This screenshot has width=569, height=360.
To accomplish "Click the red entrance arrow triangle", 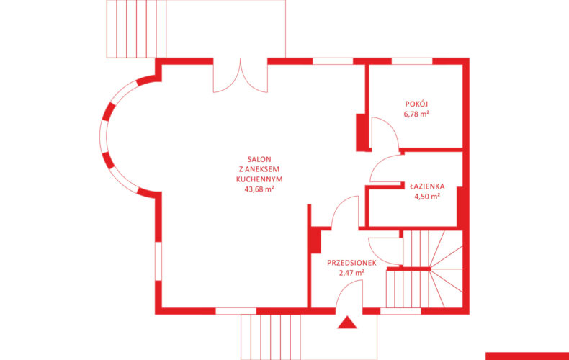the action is pyautogui.click(x=347, y=323).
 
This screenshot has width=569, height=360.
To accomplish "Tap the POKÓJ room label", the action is pyautogui.click(x=416, y=104).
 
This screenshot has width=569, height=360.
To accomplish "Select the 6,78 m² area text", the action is pyautogui.click(x=416, y=114).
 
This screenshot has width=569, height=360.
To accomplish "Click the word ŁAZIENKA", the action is pyautogui.click(x=427, y=186).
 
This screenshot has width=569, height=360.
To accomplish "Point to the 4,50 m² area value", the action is pyautogui.click(x=427, y=197).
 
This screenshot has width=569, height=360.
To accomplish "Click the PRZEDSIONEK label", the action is pyautogui.click(x=351, y=263).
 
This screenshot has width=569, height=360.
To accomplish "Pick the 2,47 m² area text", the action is pyautogui.click(x=351, y=273).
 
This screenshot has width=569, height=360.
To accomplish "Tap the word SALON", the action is pyautogui.click(x=259, y=159).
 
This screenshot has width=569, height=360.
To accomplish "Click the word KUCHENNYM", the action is pyautogui.click(x=259, y=179).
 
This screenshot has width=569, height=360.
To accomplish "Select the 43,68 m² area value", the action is pyautogui.click(x=259, y=189).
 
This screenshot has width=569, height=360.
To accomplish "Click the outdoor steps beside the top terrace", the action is pyautogui.click(x=136, y=29).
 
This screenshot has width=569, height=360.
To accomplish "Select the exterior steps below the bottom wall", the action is pyautogui.click(x=271, y=337).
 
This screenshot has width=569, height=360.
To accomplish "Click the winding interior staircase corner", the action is pyautogui.click(x=446, y=269).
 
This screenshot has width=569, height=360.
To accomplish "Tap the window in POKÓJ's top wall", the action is pyautogui.click(x=412, y=61).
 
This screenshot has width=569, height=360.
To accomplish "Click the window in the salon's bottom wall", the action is pyautogui.click(x=236, y=311).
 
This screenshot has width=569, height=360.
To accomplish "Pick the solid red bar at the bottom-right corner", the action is pyautogui.click(x=527, y=356).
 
